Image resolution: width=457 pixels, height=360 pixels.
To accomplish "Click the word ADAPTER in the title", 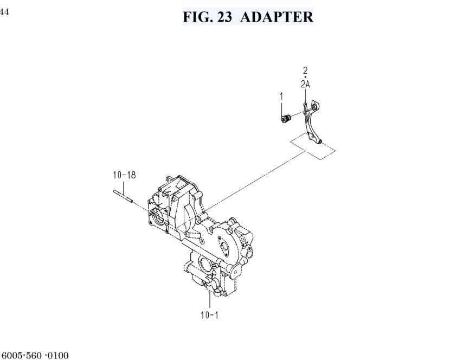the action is point(277,17).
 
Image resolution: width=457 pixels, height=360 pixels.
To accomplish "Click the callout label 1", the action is point(281,96).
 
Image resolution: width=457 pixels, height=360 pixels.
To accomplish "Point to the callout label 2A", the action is point(305,85).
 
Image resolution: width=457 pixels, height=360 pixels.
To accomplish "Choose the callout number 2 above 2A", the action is point(305,70).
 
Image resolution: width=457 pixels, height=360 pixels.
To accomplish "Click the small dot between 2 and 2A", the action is point(305,77).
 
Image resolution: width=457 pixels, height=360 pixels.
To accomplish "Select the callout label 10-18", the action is point(125,175).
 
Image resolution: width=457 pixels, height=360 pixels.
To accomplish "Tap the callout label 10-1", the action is point(209,315).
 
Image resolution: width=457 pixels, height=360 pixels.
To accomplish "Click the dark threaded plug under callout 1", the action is point(286,119).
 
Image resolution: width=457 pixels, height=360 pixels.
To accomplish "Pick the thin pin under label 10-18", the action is point(123,196).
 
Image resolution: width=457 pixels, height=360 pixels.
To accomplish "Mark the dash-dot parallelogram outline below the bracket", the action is point(313,146).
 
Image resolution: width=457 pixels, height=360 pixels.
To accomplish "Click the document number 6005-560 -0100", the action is point(35,356).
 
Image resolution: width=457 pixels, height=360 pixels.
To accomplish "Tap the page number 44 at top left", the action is point(4,12).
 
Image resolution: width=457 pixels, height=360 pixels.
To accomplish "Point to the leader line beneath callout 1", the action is point(281,108).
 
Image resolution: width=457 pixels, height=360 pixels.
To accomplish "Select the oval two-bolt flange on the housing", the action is point(224,245).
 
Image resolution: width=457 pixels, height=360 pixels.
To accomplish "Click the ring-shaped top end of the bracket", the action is point(315,105).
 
